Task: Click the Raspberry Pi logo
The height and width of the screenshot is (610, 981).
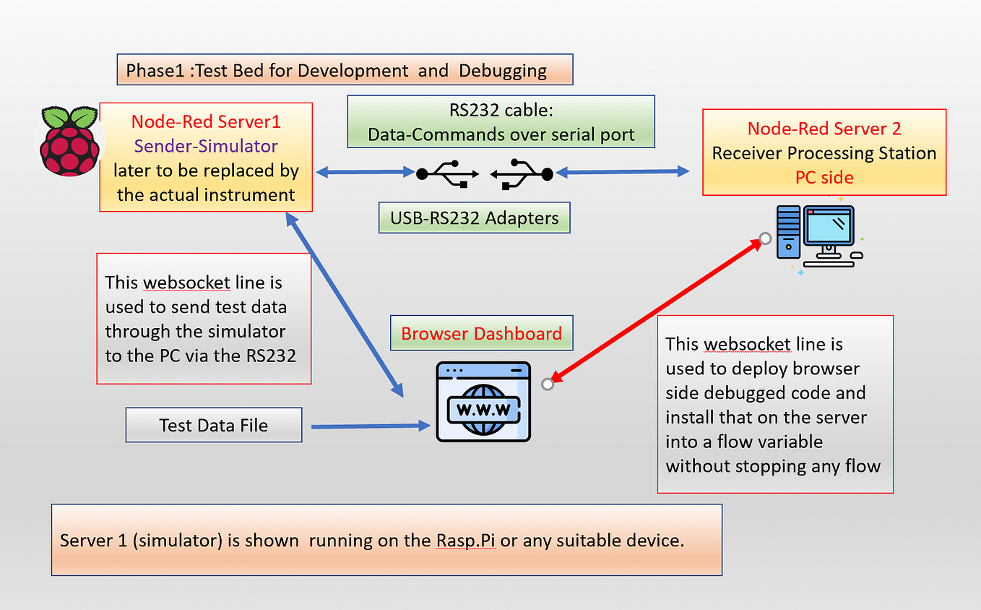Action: [x=69, y=141]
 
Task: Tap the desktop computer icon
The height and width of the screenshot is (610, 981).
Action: [x=819, y=236]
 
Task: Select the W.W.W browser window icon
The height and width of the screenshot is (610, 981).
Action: [x=483, y=401]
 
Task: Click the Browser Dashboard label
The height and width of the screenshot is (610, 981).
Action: [x=482, y=333]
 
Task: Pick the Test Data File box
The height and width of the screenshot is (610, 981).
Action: [x=214, y=425]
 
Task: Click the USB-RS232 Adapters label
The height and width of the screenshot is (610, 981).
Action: [x=475, y=218]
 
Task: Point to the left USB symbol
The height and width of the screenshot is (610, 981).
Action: [x=447, y=173]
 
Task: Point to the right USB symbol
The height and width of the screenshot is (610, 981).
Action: [x=522, y=174]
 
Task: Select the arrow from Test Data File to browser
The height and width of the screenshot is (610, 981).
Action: [x=371, y=426]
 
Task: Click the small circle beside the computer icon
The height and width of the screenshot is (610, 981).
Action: [x=765, y=239]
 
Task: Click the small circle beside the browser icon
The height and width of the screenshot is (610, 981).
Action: [x=548, y=385]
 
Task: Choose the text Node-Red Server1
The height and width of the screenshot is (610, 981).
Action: [x=206, y=122]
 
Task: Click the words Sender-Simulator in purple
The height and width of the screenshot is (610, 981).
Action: [x=206, y=146]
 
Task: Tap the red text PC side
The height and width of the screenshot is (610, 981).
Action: [x=824, y=178]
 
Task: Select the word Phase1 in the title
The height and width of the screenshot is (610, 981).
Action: [x=155, y=71]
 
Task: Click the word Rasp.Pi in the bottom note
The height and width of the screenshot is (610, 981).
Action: [x=466, y=541]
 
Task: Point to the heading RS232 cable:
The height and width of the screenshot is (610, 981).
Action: [x=501, y=110]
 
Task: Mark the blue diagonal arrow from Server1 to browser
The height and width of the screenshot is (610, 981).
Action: [x=345, y=305]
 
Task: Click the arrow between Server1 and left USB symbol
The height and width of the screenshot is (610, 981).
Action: [x=366, y=172]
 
